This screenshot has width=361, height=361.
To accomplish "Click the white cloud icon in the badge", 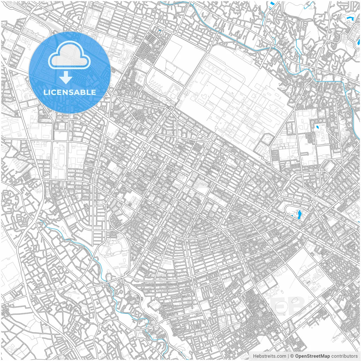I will [69, 56].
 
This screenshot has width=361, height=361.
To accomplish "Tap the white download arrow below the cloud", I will [66, 78].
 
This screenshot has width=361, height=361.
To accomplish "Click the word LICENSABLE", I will [70, 92].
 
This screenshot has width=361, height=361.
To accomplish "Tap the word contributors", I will [344, 356].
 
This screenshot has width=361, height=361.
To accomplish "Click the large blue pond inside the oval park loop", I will [299, 215].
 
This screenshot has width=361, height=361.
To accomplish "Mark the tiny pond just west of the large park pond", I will [292, 216].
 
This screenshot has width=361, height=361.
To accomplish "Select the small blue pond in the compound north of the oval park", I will [317, 127].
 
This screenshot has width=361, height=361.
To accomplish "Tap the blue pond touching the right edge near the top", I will [359, 42].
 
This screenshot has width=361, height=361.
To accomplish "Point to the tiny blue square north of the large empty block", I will [160, 30].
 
